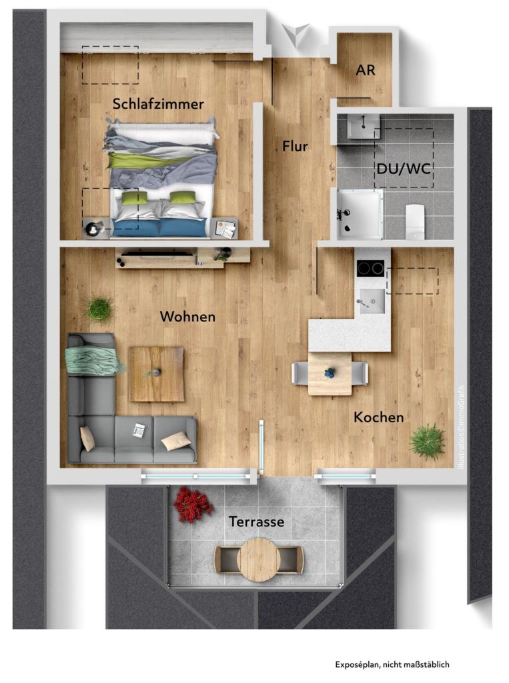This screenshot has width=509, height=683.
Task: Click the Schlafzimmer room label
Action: click(158, 104)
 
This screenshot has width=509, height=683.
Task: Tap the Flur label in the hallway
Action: click(295, 146)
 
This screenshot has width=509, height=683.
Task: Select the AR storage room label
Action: click(365, 70)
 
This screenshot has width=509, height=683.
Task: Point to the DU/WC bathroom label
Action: click(404, 169)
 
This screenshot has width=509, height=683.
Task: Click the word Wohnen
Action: click(187, 317)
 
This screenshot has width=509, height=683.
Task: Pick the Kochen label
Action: click(378, 418)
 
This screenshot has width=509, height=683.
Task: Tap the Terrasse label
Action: click(256, 522)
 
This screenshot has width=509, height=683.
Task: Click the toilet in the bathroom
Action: click(415, 221)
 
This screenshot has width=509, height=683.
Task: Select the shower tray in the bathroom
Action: click(360, 214)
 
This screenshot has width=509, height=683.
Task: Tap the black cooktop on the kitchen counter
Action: click(370, 268)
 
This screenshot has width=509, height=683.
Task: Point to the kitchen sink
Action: click(371, 301)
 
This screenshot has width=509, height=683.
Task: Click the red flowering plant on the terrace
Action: click(193, 504)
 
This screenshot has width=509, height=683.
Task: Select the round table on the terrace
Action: click(258, 560)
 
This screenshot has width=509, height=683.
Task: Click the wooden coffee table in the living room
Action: click(157, 374)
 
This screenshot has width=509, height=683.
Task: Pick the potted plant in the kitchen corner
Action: click(428, 442)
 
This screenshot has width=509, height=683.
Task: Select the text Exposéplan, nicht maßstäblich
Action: click(392, 664)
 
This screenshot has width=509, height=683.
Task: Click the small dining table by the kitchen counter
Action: click(330, 374)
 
